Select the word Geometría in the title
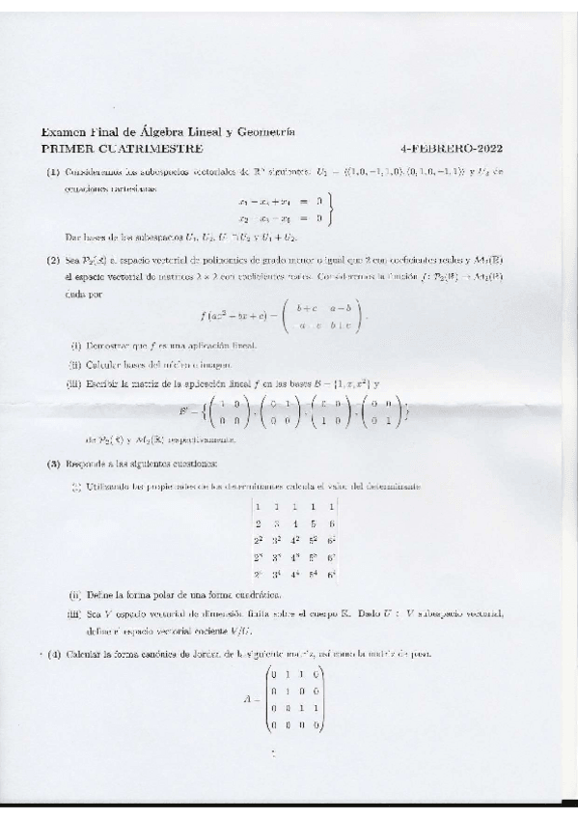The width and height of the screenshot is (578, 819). pos(264,132)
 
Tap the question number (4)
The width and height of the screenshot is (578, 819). pos(54,655)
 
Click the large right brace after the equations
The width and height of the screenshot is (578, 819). pos(331,211)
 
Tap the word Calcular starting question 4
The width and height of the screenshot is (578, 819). pos(85,655)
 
